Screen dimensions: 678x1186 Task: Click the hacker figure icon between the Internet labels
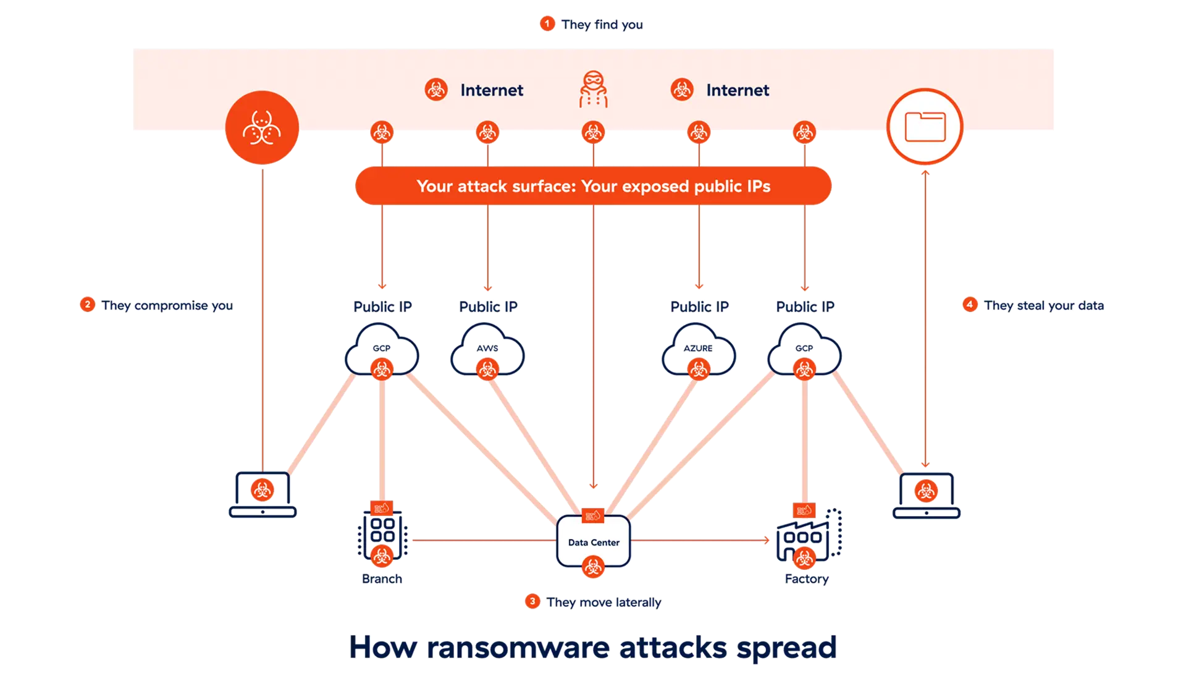(x=593, y=90)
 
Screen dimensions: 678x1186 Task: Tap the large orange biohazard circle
(x=262, y=127)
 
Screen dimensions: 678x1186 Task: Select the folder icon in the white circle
(x=925, y=127)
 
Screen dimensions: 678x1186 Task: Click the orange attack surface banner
(x=593, y=186)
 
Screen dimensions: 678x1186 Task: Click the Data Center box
(x=593, y=542)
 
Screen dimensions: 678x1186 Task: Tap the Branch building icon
(x=382, y=535)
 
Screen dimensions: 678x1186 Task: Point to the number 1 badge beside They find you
(x=547, y=23)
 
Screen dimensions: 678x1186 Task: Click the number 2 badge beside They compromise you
(x=88, y=305)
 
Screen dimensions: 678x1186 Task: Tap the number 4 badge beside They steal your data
(x=970, y=305)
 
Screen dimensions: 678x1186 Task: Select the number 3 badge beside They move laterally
(x=532, y=601)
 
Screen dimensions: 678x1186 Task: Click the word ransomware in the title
(x=516, y=647)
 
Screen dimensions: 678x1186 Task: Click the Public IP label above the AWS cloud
(x=488, y=307)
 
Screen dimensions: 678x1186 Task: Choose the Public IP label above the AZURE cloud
(x=699, y=307)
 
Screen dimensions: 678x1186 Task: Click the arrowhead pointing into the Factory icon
(x=767, y=541)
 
